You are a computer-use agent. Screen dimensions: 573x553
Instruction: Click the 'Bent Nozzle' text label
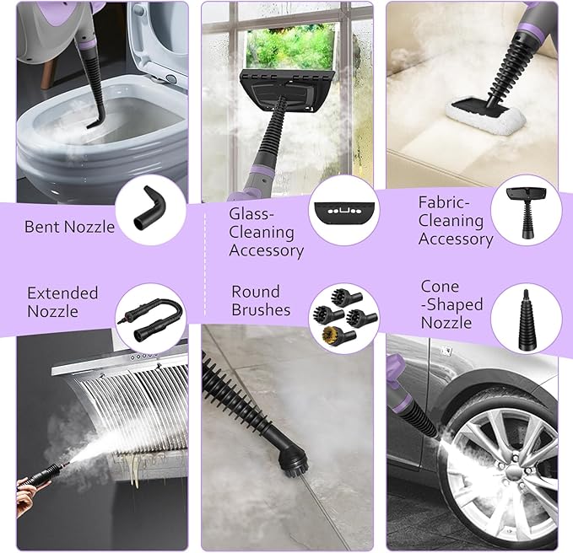click(69, 227)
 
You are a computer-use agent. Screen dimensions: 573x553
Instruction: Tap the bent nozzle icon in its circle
click(149, 208)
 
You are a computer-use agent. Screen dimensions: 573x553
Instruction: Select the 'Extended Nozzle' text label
click(62, 303)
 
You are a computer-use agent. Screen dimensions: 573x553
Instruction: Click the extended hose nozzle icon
click(151, 319)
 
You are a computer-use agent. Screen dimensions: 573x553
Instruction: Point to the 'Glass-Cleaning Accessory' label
click(266, 233)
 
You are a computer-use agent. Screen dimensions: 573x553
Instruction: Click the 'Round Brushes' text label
click(261, 300)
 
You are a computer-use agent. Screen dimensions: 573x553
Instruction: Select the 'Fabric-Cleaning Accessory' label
click(456, 221)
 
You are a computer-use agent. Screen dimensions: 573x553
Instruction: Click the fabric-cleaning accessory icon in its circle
click(525, 212)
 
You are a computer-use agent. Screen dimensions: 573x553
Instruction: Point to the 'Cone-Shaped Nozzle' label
click(451, 304)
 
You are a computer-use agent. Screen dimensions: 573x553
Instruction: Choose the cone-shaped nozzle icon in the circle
click(526, 319)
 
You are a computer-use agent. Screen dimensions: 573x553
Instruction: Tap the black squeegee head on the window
click(286, 90)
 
